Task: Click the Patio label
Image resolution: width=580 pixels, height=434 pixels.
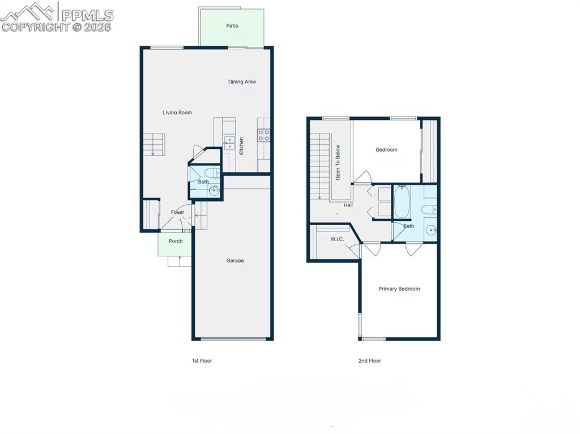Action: (x=232, y=25)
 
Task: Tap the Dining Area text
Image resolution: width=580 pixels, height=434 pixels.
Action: (x=242, y=81)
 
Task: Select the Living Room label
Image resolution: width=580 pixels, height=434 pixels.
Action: (x=177, y=113)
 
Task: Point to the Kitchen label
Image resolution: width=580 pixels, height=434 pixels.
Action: (x=241, y=146)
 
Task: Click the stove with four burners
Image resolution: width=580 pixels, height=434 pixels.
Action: (x=264, y=135)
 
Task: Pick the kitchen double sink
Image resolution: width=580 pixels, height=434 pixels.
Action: (x=229, y=143)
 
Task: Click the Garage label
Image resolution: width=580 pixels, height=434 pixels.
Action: (x=235, y=260)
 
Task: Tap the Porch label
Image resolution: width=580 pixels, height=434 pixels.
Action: (x=176, y=241)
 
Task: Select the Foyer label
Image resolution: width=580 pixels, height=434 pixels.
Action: (x=177, y=212)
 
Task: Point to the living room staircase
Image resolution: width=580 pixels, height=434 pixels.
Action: (x=153, y=144)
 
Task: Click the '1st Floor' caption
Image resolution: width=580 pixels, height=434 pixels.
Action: (x=202, y=360)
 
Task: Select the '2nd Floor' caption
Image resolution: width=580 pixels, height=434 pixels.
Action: (x=369, y=360)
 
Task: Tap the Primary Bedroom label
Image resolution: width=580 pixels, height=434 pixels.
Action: (x=399, y=289)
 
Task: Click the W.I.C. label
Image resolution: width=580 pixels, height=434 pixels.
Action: (x=337, y=239)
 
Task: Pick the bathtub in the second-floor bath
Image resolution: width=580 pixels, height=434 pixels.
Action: (x=402, y=202)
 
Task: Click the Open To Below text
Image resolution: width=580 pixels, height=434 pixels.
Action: (x=338, y=162)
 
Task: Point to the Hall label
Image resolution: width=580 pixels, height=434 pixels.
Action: (x=348, y=205)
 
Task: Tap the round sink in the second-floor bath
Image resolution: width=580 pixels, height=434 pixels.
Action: (x=431, y=230)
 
